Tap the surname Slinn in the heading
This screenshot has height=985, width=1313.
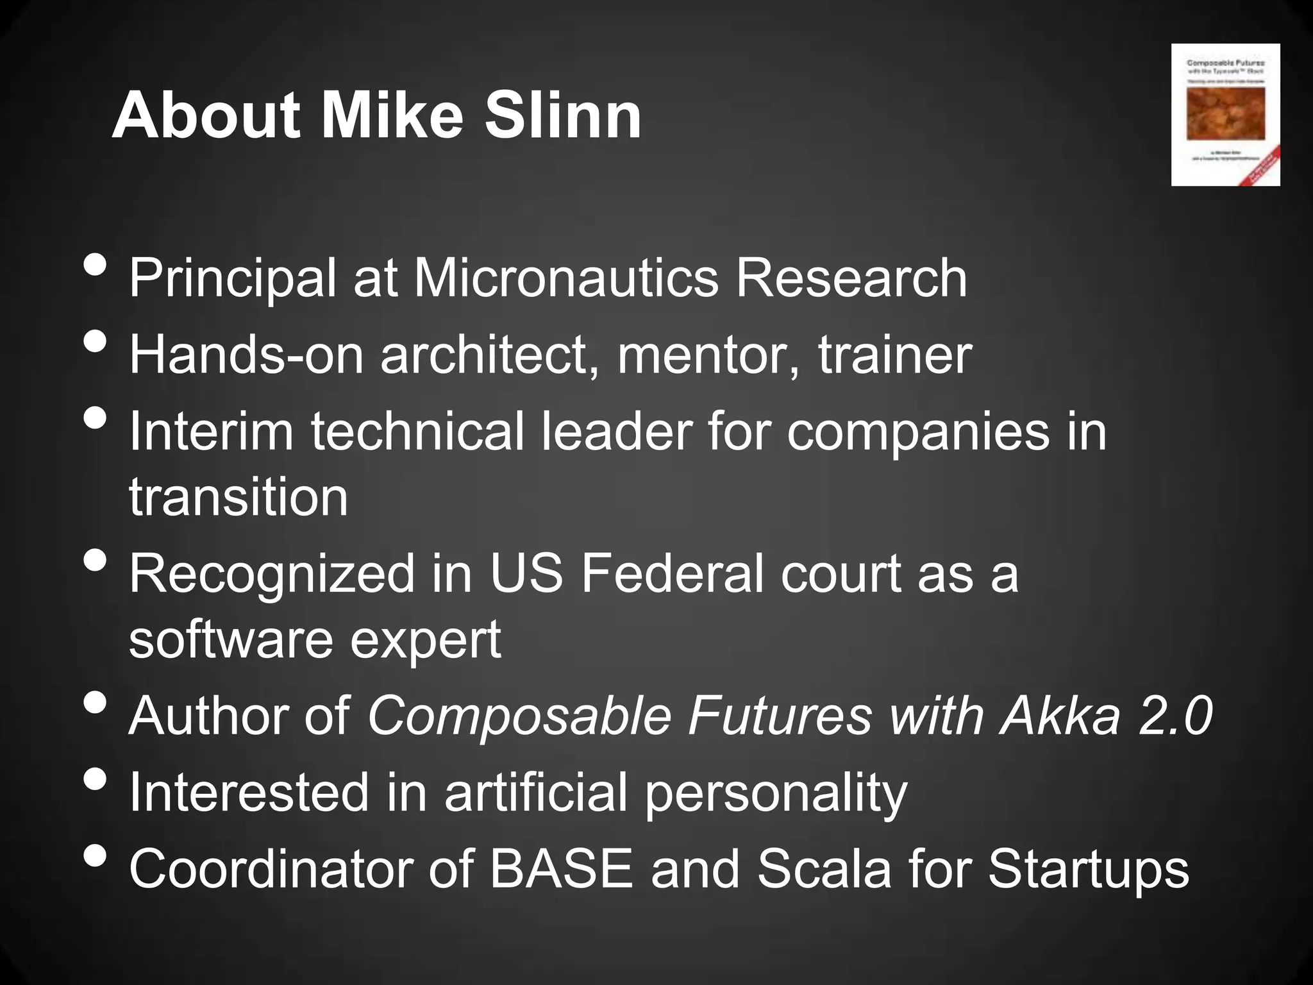click(x=562, y=116)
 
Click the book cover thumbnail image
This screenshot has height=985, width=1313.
click(x=1225, y=115)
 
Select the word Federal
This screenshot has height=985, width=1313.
click(x=673, y=573)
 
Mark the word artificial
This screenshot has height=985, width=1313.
click(x=536, y=793)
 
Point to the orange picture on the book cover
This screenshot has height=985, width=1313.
click(x=1225, y=113)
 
